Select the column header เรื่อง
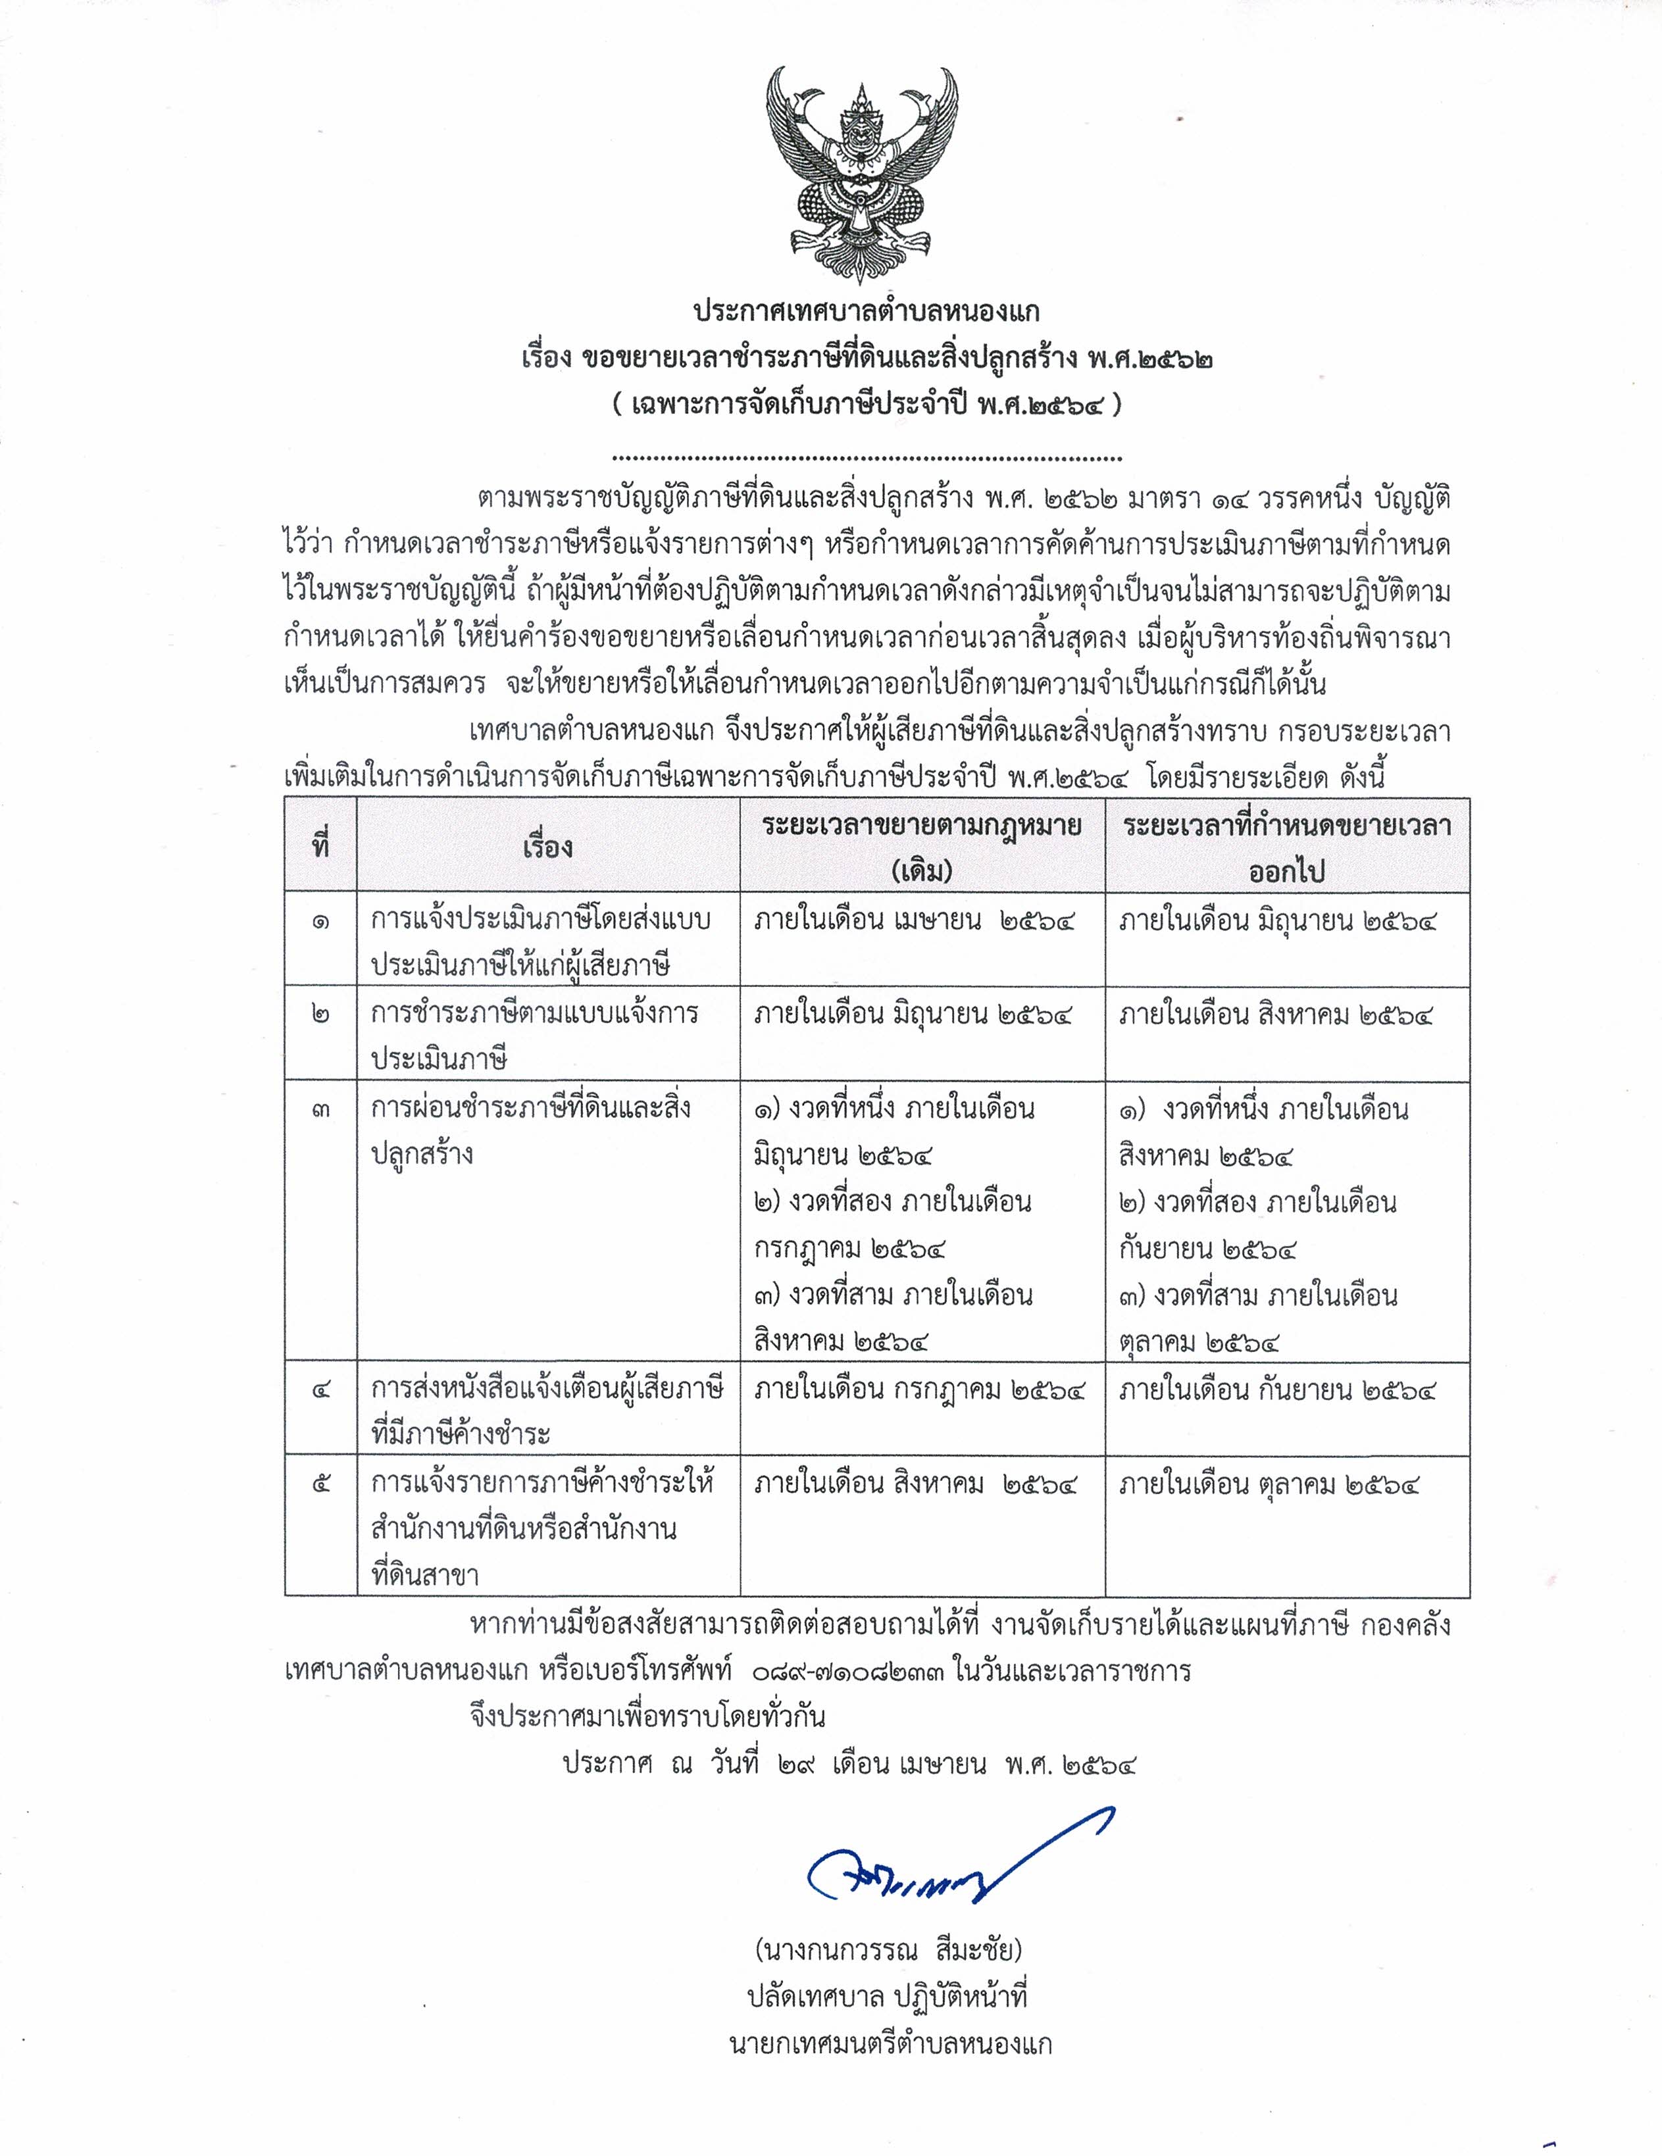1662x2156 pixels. [x=548, y=847]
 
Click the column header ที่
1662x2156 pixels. [x=320, y=847]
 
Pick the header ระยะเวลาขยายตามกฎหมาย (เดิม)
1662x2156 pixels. [x=921, y=847]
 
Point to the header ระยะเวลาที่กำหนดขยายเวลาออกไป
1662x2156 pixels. [x=1287, y=847]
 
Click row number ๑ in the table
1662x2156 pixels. [x=320, y=922]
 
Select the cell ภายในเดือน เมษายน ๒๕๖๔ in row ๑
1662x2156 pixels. [x=913, y=922]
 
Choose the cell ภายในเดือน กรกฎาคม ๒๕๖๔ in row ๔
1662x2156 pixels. [x=919, y=1390]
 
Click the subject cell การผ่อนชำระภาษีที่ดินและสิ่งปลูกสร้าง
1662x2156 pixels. [x=530, y=1130]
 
